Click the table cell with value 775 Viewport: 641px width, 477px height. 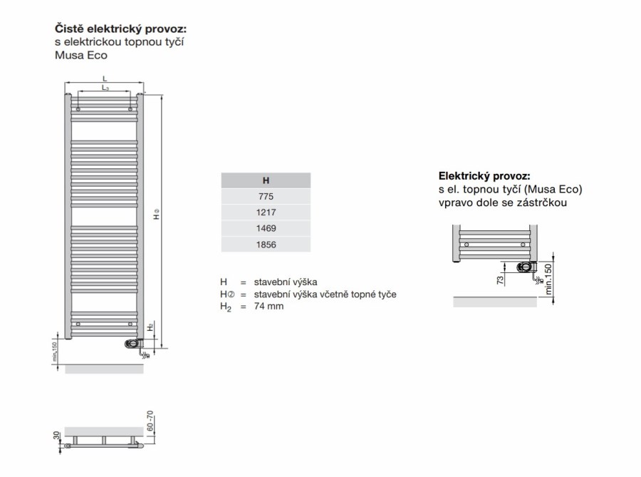pyautogui.click(x=266, y=196)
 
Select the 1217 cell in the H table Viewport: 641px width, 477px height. pyautogui.click(x=266, y=212)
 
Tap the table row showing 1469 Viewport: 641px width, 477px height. pyautogui.click(x=266, y=228)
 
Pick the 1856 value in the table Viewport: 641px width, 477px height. pyautogui.click(x=266, y=245)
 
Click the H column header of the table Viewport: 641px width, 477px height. pyautogui.click(x=266, y=180)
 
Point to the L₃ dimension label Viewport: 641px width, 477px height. pyautogui.click(x=105, y=88)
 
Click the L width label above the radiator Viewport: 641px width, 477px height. pyautogui.click(x=104, y=78)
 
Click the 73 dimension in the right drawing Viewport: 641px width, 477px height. pyautogui.click(x=501, y=279)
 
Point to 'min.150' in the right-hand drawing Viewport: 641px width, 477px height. pyautogui.click(x=548, y=279)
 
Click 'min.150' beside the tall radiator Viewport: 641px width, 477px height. pyautogui.click(x=54, y=352)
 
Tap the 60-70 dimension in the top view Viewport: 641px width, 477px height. pyautogui.click(x=150, y=426)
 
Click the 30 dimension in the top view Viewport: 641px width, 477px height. pyautogui.click(x=55, y=435)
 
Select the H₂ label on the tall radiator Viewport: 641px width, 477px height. pyautogui.click(x=150, y=327)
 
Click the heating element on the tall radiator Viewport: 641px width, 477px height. pyautogui.click(x=133, y=344)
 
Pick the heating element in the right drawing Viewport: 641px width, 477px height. pyautogui.click(x=526, y=267)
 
